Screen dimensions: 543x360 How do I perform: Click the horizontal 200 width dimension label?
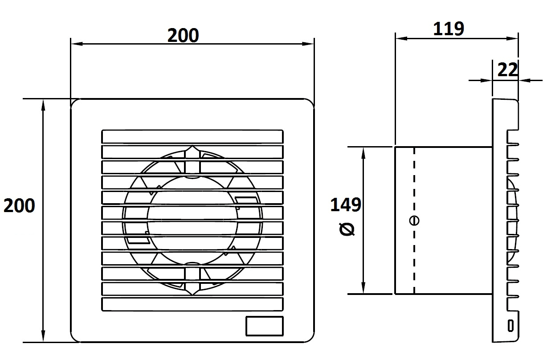[183, 36]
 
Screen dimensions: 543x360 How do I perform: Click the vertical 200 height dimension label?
[19, 205]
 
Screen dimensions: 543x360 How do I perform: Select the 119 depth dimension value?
[449, 29]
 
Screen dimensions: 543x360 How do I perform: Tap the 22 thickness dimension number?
[507, 70]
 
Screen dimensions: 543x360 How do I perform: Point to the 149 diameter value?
[346, 205]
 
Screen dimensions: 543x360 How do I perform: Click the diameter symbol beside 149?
[347, 229]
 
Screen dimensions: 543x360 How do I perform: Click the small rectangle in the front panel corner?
[265, 326]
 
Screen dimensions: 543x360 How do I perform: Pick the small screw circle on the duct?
[414, 221]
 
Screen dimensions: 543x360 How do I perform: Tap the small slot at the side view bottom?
[510, 326]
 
